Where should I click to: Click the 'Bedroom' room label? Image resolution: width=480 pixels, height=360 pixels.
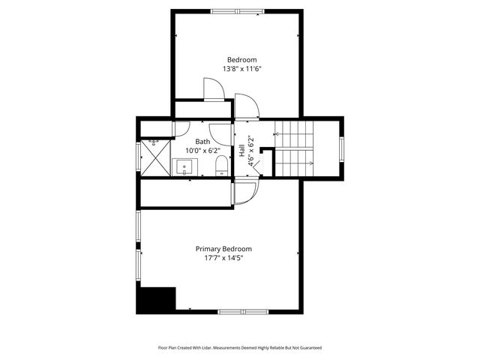(x=241, y=60)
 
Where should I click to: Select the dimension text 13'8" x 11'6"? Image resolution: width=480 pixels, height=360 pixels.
(x=241, y=69)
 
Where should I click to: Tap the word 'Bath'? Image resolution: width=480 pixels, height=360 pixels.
(x=203, y=141)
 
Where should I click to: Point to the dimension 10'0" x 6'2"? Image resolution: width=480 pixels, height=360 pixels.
(x=203, y=150)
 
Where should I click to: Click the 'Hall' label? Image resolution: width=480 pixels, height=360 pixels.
(x=242, y=150)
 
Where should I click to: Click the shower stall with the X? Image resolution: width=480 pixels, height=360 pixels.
(x=156, y=157)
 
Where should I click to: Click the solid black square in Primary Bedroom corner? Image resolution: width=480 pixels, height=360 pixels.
(x=155, y=299)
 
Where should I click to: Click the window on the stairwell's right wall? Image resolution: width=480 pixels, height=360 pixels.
(x=342, y=148)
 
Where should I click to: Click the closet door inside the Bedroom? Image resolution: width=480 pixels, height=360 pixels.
(x=214, y=90)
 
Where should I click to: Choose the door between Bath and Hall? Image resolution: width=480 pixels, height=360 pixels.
(x=222, y=133)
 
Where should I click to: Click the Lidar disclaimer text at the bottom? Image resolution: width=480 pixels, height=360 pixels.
(x=239, y=348)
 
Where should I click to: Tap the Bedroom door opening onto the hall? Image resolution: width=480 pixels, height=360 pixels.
(x=247, y=106)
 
